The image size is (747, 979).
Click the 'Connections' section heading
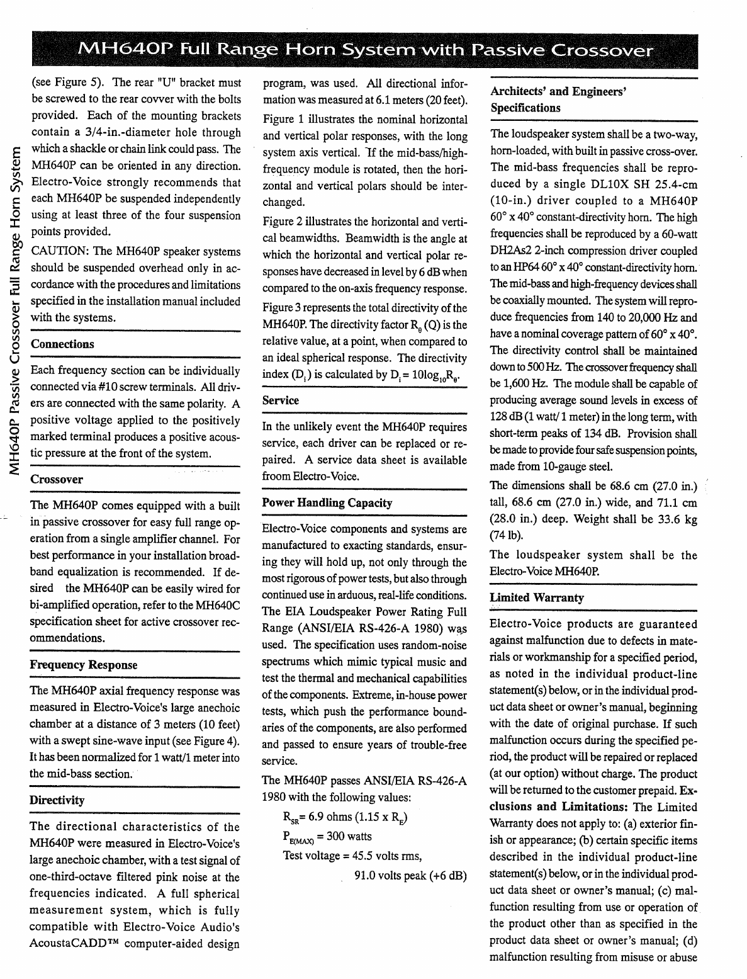click(x=62, y=344)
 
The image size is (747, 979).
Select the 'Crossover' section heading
click(x=57, y=479)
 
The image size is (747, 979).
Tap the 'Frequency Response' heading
click(x=84, y=665)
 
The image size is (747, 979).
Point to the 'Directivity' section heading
click(x=57, y=800)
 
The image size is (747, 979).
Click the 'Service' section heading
click(x=281, y=400)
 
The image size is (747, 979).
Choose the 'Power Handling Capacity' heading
click(x=327, y=503)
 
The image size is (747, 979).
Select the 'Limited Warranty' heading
click(x=537, y=597)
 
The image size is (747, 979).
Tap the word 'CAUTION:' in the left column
click(x=58, y=252)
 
